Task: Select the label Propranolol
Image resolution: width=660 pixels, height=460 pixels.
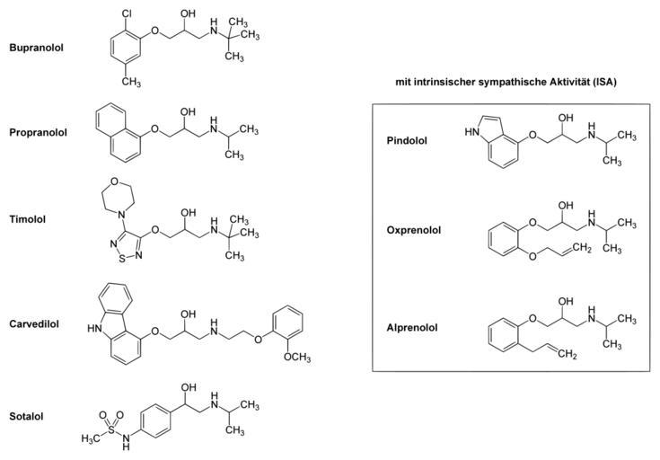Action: click(39, 132)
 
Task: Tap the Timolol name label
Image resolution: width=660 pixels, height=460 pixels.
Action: click(27, 218)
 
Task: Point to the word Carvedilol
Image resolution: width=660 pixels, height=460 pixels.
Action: click(34, 323)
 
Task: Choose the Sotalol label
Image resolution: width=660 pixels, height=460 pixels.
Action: click(27, 416)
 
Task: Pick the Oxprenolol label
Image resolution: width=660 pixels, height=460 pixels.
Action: click(413, 230)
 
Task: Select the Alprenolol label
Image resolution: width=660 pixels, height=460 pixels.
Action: click(412, 328)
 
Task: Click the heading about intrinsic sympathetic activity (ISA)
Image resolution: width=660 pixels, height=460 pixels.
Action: click(511, 81)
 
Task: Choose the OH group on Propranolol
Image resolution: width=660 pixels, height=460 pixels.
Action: click(188, 111)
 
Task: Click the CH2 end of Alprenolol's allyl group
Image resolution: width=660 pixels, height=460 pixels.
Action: click(565, 355)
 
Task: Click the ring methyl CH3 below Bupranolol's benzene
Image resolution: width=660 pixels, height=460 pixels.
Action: click(132, 82)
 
